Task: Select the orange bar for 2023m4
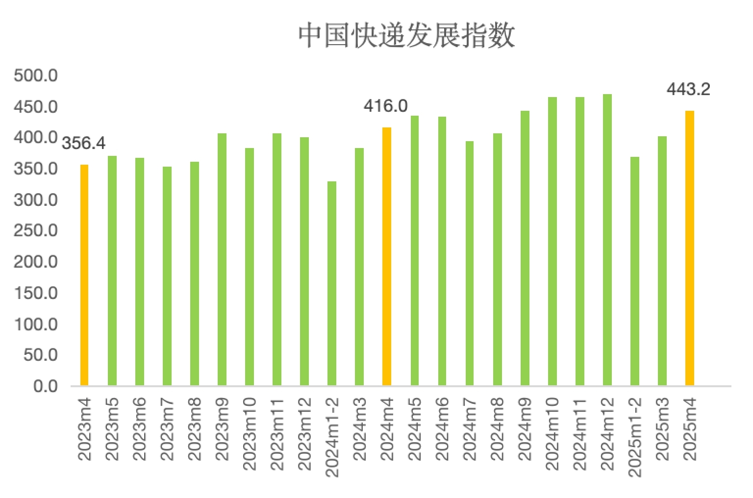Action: coord(84,275)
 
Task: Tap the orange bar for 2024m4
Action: coord(387,256)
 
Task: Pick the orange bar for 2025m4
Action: coord(689,248)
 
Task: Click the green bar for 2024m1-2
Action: coord(332,283)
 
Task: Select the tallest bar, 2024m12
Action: coord(607,240)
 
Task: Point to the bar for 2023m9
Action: coord(222,259)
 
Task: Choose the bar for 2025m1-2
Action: coord(635,271)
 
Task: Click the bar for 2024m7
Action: coord(470,263)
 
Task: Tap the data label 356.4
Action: coord(84,144)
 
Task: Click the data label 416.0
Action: coord(386,106)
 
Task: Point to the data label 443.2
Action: coord(688,89)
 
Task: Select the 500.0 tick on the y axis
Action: coord(36,75)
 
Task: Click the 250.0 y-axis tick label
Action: coord(36,231)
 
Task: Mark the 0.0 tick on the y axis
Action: coord(46,386)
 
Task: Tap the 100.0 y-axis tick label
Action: coord(36,324)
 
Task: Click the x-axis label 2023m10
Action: coord(250,434)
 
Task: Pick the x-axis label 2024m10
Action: coord(552,434)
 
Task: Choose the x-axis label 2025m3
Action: coord(662,429)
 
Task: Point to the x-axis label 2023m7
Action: coord(167,429)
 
